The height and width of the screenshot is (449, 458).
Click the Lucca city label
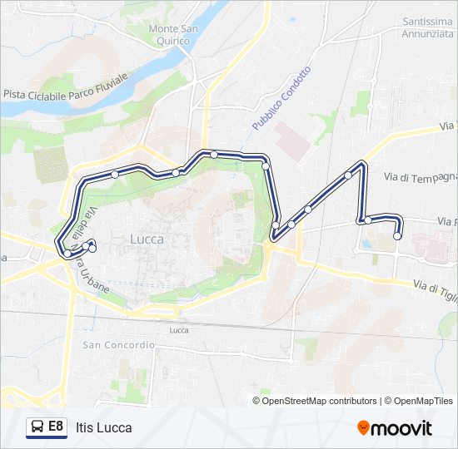(x=147, y=239)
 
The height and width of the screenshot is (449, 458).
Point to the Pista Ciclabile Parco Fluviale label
(x=65, y=86)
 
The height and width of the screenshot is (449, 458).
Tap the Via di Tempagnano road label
(x=421, y=177)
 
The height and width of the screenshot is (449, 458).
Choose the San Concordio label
(x=118, y=344)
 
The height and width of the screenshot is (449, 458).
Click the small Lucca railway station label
(x=178, y=330)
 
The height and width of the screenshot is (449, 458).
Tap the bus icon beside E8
(x=37, y=427)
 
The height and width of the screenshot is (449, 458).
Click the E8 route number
(x=56, y=427)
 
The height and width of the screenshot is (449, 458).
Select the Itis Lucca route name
(x=103, y=428)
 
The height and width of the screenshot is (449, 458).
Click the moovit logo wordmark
(x=401, y=428)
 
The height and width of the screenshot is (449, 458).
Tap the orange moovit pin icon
(x=363, y=427)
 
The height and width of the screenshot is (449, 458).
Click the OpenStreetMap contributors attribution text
(x=315, y=401)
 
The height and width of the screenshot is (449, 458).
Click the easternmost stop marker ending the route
(x=397, y=236)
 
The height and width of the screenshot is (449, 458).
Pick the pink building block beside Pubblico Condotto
(x=291, y=141)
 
